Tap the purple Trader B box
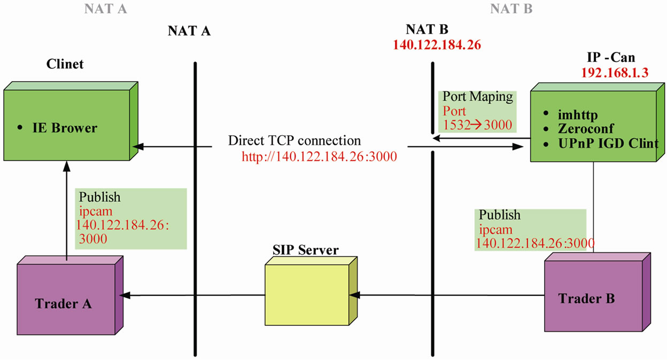click(x=586, y=298)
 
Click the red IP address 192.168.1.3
click(x=615, y=73)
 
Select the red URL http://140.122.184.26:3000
click(x=319, y=156)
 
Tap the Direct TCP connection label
click(x=294, y=141)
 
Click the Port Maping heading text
click(x=478, y=97)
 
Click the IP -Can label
click(x=612, y=57)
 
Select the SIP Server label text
click(x=305, y=249)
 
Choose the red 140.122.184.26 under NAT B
click(x=437, y=45)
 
